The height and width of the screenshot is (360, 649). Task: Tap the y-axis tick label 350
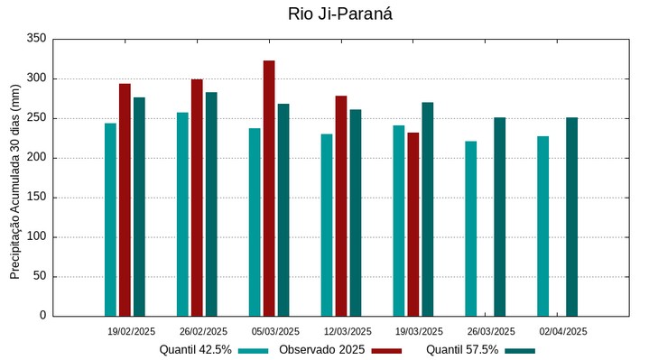click(x=36, y=39)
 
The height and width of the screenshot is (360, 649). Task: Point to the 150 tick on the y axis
click(x=36, y=197)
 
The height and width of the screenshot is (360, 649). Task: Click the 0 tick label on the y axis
click(x=42, y=316)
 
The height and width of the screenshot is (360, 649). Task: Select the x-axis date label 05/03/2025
click(x=275, y=331)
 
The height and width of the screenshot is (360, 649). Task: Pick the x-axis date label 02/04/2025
click(x=563, y=331)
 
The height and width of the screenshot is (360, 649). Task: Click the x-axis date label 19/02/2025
click(x=131, y=331)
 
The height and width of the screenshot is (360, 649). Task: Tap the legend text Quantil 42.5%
click(x=195, y=349)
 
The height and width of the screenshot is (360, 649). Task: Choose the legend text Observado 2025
click(x=321, y=349)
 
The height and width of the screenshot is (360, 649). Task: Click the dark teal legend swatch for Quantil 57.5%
click(x=520, y=350)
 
